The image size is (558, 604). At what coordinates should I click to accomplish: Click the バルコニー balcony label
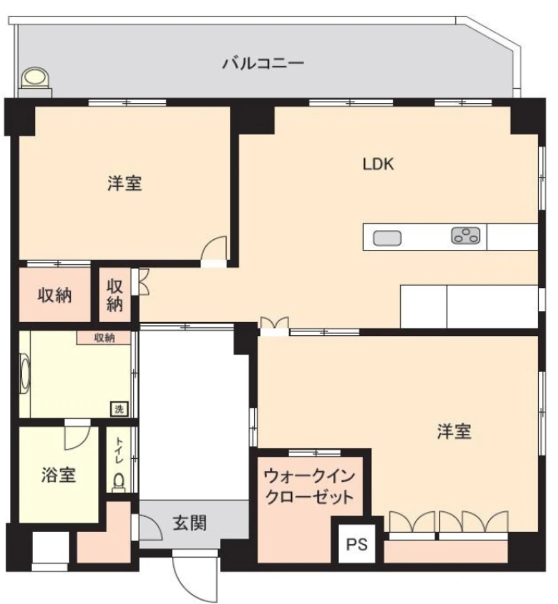263,63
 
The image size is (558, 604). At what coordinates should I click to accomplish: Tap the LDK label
378,164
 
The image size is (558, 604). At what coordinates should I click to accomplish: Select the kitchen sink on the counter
387,238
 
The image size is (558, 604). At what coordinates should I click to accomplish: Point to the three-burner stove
466,236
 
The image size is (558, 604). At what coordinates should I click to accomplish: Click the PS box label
357,544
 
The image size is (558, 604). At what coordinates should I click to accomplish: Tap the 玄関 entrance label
189,523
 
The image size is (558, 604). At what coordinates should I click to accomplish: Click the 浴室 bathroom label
59,475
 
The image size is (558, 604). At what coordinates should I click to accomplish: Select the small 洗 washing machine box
119,408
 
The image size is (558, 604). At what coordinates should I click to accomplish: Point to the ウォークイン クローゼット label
309,486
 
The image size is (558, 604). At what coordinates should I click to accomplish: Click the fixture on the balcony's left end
35,82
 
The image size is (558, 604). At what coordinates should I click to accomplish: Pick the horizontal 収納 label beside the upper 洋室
55,296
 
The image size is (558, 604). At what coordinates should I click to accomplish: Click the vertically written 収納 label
114,296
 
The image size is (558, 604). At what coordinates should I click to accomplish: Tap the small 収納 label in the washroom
105,338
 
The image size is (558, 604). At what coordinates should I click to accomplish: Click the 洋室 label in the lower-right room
454,432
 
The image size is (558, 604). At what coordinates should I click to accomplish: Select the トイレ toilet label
119,450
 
